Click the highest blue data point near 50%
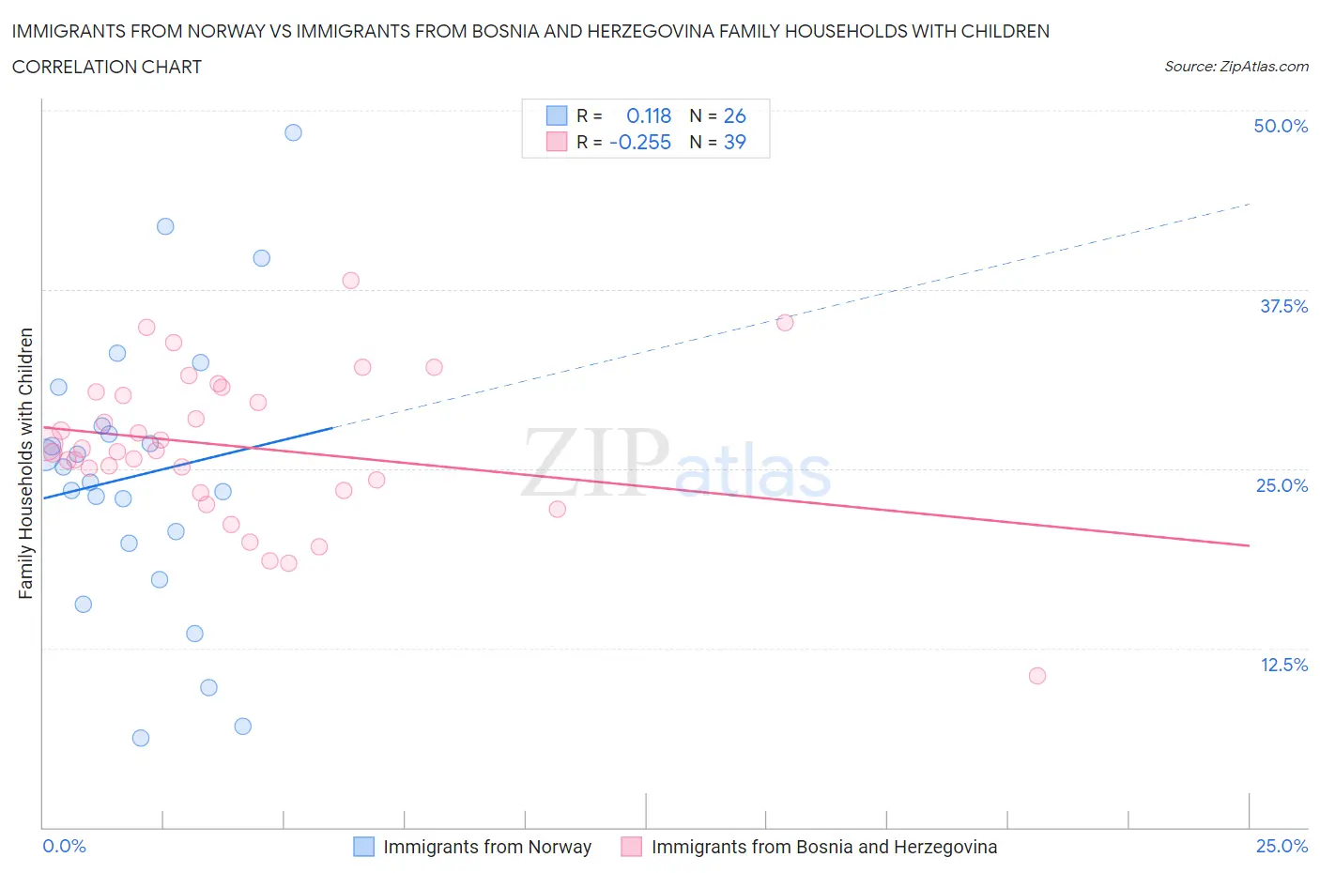(293, 132)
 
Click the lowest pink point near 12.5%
(1036, 676)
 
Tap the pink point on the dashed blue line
(785, 323)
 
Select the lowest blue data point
(141, 738)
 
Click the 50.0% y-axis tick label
(1281, 126)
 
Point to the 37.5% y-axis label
(1283, 306)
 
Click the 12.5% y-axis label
(1283, 665)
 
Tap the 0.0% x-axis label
(64, 846)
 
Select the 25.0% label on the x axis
(1282, 846)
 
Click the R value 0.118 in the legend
(649, 115)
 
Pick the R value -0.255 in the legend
(640, 142)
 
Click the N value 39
(734, 142)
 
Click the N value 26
(734, 115)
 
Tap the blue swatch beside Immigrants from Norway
(363, 847)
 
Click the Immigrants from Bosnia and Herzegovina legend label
(823, 847)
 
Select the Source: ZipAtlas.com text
(1236, 66)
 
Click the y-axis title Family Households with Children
(25, 463)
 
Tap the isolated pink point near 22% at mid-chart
(557, 509)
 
